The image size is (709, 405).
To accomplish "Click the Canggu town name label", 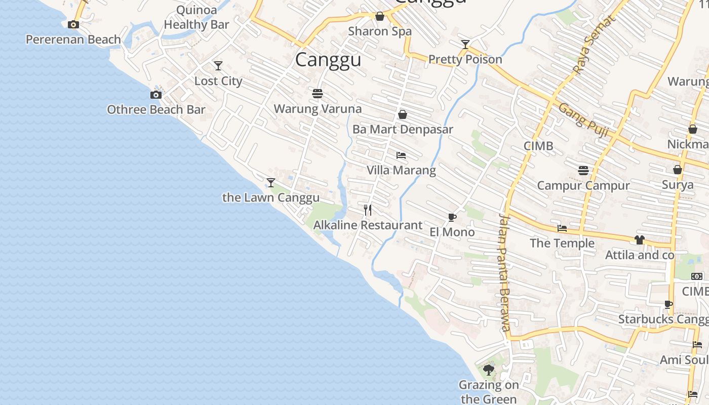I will point(328,60).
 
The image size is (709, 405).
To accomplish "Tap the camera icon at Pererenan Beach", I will point(73,24).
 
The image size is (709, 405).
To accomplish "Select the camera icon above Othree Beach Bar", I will point(156,95).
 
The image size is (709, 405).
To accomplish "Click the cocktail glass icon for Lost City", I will point(218,66).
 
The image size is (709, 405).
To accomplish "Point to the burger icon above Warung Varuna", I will point(318,94).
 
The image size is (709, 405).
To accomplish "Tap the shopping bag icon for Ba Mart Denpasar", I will point(403,114).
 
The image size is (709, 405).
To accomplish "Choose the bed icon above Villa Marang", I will point(401,155).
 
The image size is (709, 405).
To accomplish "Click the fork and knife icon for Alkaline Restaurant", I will point(368,210).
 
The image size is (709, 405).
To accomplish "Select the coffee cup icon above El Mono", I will point(452,218).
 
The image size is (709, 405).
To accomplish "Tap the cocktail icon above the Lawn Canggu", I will point(271,182).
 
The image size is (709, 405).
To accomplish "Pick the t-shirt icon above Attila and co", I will point(640,240).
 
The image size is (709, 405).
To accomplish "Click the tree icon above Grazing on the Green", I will point(489,370).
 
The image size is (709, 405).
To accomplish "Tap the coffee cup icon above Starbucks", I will point(668,304).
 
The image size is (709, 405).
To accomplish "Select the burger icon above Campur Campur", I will point(583,171).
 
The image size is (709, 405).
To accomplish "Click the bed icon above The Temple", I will point(562,228).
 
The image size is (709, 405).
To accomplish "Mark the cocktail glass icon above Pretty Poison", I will point(465,45).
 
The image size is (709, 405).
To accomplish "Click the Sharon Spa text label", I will point(380,31).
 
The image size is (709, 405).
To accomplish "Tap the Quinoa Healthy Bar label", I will point(196,17).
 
